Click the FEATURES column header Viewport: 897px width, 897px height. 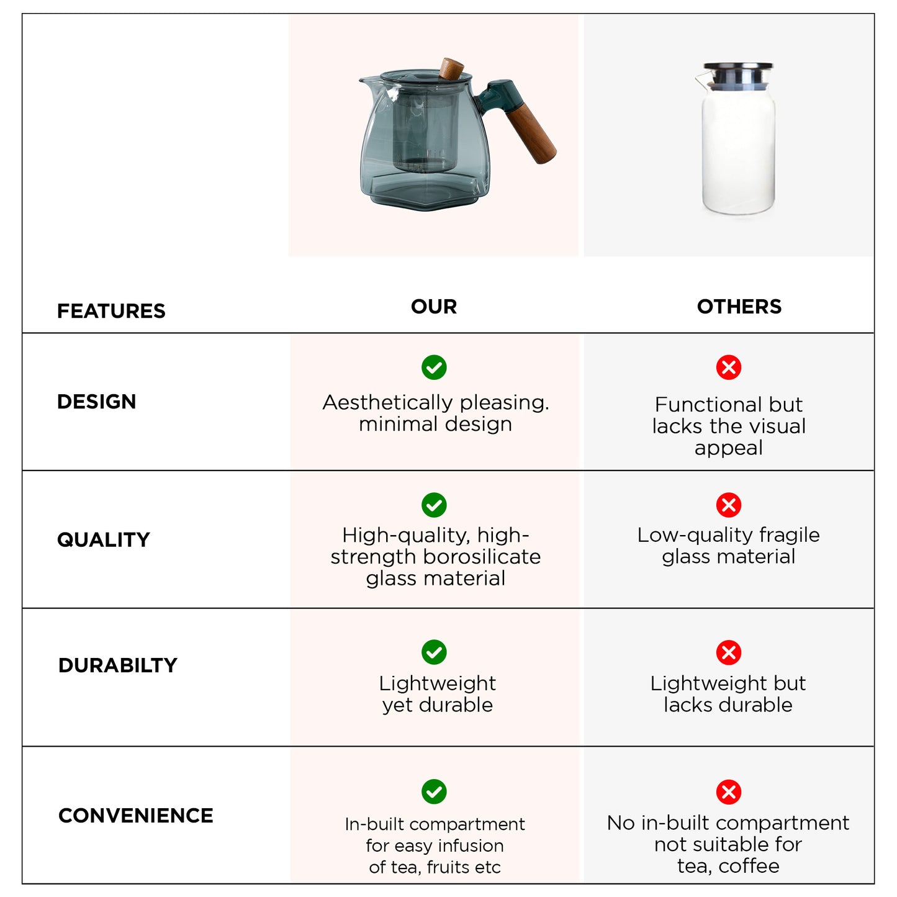pos(111,310)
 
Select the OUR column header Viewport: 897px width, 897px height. pos(434,306)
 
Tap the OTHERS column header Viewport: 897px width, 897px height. pos(739,306)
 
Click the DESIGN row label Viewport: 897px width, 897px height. pos(96,402)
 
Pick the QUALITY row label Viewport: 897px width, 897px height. pos(104,539)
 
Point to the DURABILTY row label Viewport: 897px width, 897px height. pos(117,665)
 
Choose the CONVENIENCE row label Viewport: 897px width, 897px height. pos(135,815)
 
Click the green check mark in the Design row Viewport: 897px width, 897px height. pos(434,367)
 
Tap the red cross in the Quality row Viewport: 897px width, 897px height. pos(728,505)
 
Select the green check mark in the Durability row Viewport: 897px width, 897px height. pos(434,652)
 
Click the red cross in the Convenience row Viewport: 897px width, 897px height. pos(728,791)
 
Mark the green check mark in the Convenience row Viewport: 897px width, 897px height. pos(434,791)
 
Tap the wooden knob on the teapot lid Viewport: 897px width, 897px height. pos(452,68)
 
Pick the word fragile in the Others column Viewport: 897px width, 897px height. pos(790,534)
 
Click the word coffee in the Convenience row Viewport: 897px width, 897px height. pos(749,865)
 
